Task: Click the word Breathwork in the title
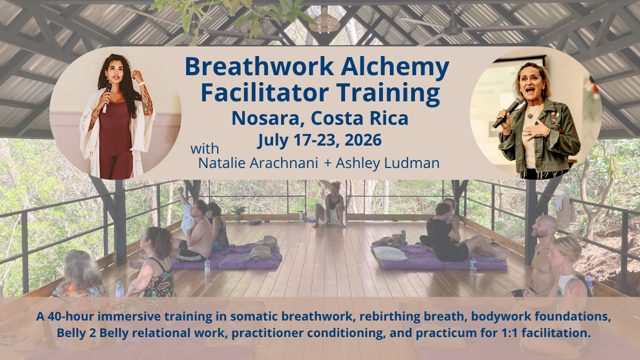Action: point(259,66)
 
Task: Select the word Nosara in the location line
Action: point(267,118)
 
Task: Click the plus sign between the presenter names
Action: point(328,163)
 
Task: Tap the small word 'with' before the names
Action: point(205,149)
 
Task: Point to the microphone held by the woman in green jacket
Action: point(509,111)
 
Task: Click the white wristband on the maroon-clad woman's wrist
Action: point(141,83)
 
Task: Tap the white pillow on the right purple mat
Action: point(390,254)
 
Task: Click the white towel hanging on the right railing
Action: point(564,211)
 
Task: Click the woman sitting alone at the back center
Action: point(330,205)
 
